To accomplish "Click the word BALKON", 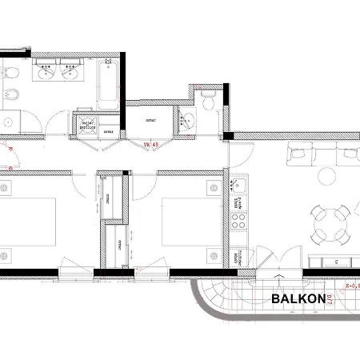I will click(x=298, y=300).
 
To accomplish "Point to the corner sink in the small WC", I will click(x=187, y=121).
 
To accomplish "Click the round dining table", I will click(x=330, y=218).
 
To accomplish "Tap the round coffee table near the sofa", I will click(x=329, y=175).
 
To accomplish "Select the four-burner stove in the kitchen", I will click(x=238, y=221).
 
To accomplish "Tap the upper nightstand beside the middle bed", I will click(x=212, y=187).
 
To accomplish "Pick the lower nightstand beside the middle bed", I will click(x=212, y=254).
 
